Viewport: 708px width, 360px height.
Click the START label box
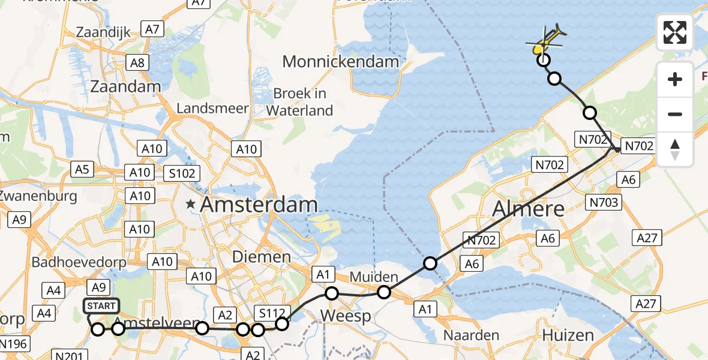[101, 306]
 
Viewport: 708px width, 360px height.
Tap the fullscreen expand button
[675, 32]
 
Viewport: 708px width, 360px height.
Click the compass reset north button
[675, 150]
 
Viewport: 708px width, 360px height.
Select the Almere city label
[528, 209]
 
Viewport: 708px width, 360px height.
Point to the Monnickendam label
[340, 62]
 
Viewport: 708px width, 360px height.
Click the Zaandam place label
[125, 86]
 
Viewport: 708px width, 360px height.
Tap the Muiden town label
[374, 277]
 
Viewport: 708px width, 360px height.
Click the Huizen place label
[568, 335]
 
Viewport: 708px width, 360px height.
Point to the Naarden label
[472, 335]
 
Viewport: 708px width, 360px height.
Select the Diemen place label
[262, 257]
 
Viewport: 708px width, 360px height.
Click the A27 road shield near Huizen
[646, 304]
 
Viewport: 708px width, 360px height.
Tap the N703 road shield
[604, 203]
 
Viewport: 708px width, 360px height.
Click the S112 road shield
[272, 312]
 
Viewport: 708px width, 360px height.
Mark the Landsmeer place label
[212, 109]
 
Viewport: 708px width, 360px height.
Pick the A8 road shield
[137, 62]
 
